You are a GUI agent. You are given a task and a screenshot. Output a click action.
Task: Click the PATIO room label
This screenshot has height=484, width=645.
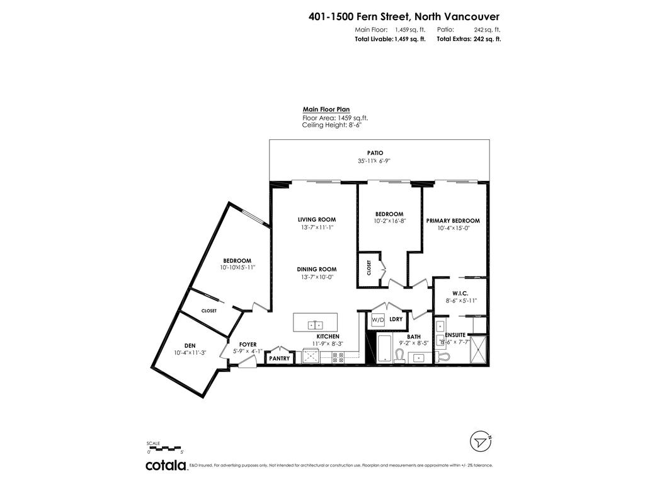[x=375, y=153]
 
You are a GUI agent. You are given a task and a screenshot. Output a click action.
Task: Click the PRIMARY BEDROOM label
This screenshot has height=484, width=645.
[x=453, y=221]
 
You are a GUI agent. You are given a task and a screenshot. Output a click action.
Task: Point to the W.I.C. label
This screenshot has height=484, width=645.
[x=460, y=292]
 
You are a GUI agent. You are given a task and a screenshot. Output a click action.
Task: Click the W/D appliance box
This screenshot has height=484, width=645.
[x=377, y=320]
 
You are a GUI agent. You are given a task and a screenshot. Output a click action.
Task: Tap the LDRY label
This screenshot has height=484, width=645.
[x=396, y=320]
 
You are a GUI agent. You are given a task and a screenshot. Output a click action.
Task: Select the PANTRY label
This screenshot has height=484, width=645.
[x=279, y=359]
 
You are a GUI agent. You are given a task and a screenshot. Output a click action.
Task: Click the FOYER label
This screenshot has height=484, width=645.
[x=248, y=344]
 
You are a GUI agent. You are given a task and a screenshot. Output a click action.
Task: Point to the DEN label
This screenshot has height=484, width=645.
[x=190, y=345]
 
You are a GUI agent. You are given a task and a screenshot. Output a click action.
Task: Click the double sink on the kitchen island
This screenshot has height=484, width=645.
[x=316, y=325]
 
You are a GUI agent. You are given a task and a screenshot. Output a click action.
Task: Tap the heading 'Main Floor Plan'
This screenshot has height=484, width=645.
[x=326, y=109]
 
